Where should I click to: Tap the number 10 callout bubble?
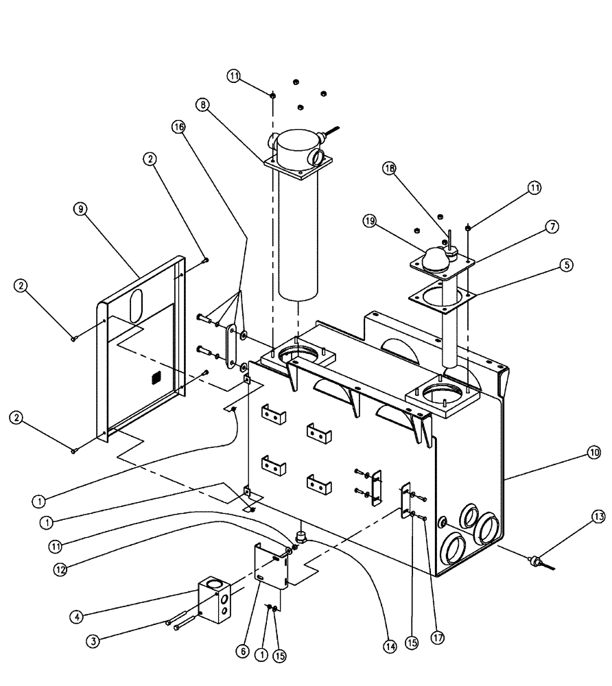593,453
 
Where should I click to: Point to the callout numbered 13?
599,517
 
